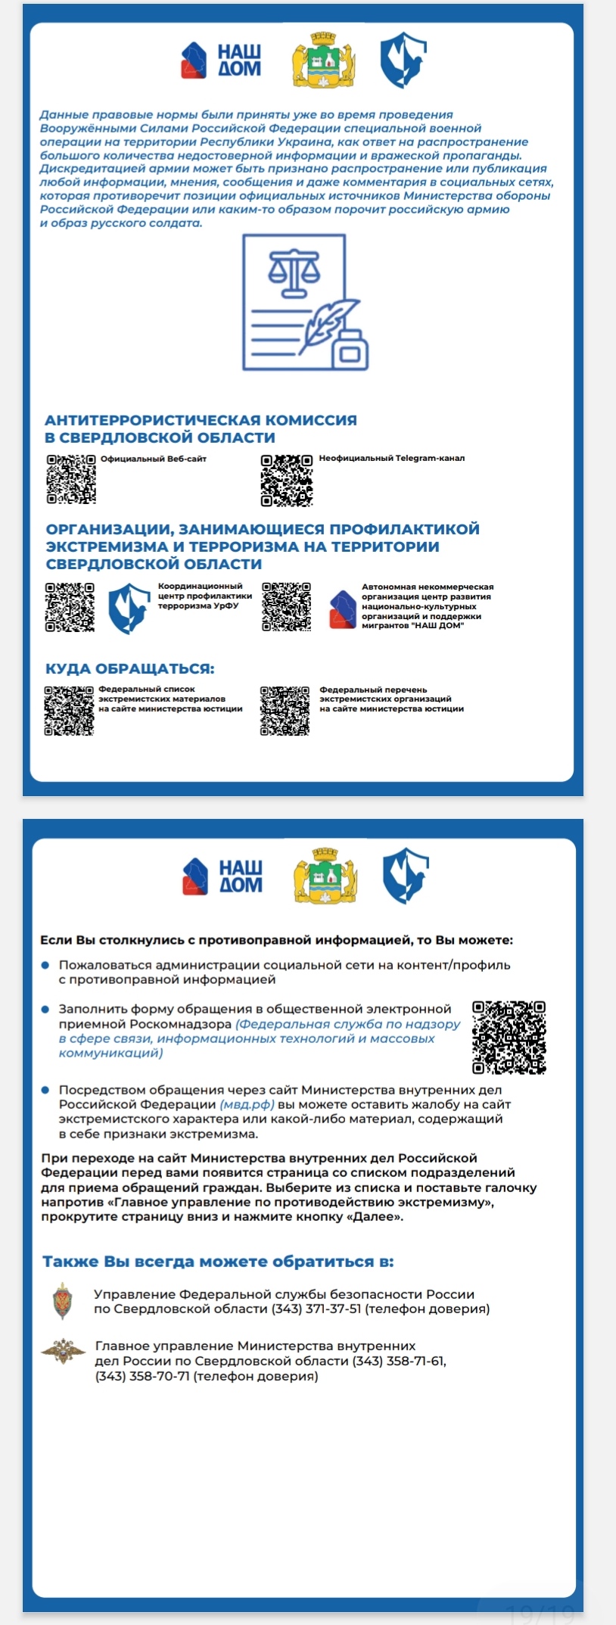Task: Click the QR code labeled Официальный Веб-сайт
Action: [71, 479]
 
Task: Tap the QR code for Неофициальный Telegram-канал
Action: [287, 481]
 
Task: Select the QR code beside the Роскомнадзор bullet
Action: [509, 1037]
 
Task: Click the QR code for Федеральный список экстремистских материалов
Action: [69, 711]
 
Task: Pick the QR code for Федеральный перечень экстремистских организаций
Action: [285, 711]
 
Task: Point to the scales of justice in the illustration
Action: [294, 273]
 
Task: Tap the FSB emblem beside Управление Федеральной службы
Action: [63, 1301]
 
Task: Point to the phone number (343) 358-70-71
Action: [142, 1376]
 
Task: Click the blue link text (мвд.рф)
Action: [247, 1104]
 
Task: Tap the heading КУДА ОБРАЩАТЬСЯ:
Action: [129, 669]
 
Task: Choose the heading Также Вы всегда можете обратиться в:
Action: [218, 1262]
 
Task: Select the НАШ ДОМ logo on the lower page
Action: [222, 876]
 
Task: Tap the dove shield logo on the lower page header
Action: [406, 876]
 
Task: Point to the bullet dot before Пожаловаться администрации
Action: [45, 965]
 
